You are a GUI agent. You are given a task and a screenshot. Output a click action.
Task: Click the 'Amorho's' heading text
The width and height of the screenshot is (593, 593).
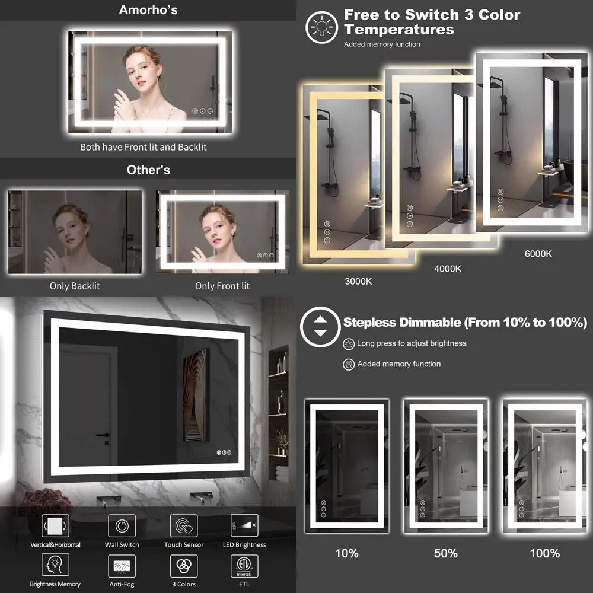point(148,10)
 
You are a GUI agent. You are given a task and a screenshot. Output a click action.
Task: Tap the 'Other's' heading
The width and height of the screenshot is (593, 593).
point(148,170)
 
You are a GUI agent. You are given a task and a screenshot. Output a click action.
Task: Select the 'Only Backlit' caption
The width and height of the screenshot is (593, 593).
point(75,286)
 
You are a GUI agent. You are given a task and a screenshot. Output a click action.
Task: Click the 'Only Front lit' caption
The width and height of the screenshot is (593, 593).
point(222,286)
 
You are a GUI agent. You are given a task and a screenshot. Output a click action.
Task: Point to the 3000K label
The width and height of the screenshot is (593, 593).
point(358,282)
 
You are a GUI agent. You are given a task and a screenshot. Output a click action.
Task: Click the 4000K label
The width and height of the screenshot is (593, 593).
point(448,269)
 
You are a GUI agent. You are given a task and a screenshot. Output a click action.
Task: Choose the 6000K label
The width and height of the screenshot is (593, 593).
point(538,254)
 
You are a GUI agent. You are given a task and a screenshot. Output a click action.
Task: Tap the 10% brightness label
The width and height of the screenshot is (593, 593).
point(346,553)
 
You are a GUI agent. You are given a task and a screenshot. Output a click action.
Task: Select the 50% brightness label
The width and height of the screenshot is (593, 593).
point(445,553)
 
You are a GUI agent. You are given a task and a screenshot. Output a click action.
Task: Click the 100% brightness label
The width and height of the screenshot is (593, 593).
point(544,553)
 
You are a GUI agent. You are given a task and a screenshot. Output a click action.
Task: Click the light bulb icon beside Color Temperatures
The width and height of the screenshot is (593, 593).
point(321,28)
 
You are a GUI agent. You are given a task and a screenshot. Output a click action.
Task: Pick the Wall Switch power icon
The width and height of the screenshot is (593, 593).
point(122,525)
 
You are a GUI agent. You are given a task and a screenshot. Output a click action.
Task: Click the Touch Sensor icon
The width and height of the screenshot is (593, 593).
point(184,525)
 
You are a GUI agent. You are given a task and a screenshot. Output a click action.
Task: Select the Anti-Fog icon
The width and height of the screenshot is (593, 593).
point(122,566)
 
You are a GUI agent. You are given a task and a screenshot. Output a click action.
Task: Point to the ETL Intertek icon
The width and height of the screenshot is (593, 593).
point(244,566)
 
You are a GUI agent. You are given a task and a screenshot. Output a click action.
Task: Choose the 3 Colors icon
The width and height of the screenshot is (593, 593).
point(184,566)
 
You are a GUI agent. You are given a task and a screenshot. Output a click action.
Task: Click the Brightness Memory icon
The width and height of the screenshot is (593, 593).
point(55,566)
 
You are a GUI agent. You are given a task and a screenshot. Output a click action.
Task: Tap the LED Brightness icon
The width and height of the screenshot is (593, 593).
point(244,525)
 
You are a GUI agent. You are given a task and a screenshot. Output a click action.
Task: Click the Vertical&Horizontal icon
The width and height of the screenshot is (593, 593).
point(55,525)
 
